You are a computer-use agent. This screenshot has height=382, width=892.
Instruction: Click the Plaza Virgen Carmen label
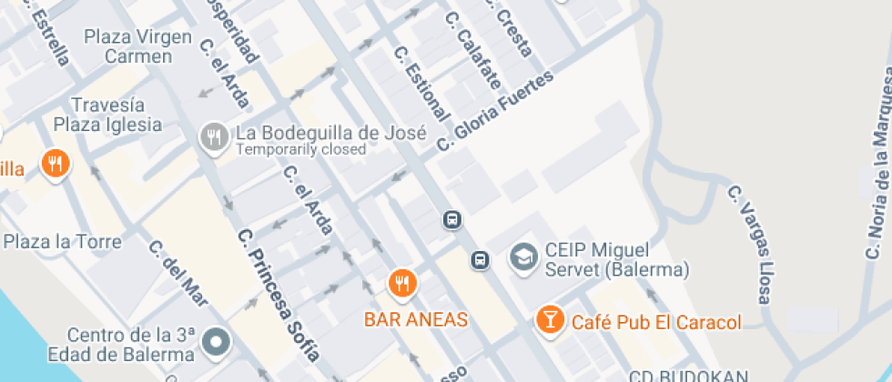pyautogui.click(x=137, y=46)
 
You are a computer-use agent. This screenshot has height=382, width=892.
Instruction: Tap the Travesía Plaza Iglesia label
pyautogui.click(x=107, y=115)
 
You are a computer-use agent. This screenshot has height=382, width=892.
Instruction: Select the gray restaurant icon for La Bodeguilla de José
pyautogui.click(x=213, y=136)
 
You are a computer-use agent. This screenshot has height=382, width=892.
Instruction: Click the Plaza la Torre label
pyautogui.click(x=62, y=242)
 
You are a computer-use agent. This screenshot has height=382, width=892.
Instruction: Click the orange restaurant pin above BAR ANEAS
pyautogui.click(x=401, y=284)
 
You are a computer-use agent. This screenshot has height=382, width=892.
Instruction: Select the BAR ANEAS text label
pyautogui.click(x=416, y=319)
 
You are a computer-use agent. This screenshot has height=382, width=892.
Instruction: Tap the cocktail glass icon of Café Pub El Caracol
pyautogui.click(x=550, y=319)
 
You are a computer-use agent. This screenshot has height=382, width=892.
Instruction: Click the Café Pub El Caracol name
pyautogui.click(x=656, y=322)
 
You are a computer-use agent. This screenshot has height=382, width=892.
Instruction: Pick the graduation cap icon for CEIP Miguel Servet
pyautogui.click(x=523, y=257)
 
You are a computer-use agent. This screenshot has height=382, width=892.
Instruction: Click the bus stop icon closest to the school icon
pyautogui.click(x=481, y=261)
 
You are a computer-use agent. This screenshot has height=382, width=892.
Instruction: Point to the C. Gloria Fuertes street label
pyautogui.click(x=494, y=111)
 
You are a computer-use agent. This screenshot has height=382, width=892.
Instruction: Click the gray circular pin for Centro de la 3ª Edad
pyautogui.click(x=217, y=342)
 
